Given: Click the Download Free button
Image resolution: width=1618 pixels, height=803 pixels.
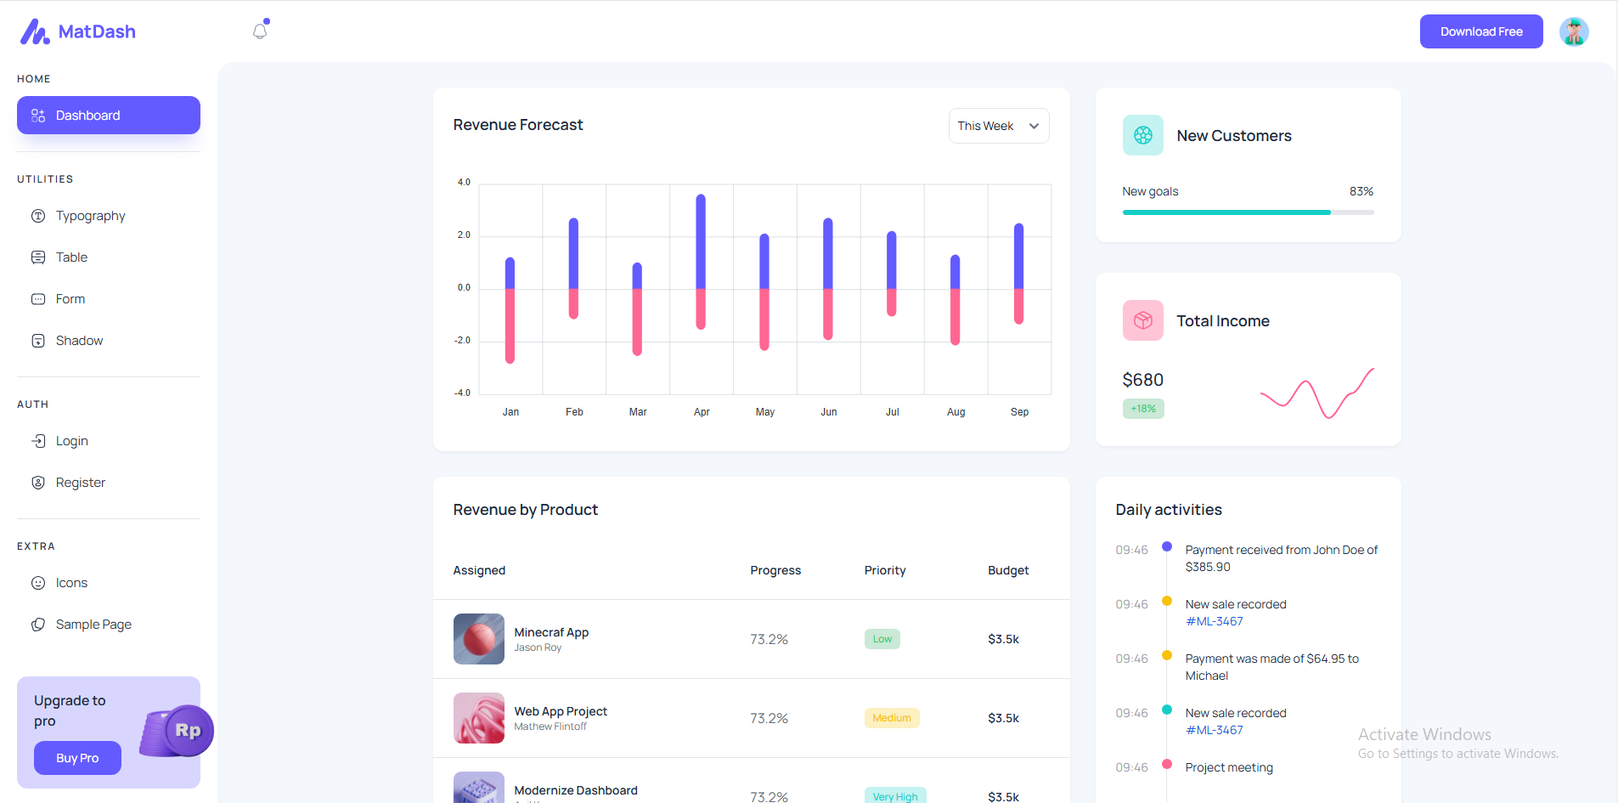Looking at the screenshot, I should click(1480, 31).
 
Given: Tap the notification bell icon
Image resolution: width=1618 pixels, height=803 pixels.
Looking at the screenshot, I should click(260, 31).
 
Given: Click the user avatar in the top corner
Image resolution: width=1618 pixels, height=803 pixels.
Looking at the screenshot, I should click(1573, 31).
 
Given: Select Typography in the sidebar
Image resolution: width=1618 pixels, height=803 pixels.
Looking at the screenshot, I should click(90, 216).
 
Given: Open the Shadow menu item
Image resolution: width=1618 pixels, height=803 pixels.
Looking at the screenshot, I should click(79, 341).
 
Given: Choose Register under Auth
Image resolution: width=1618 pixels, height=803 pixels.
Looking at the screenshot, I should click(80, 483).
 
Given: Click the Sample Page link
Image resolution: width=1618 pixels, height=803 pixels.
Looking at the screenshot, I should click(93, 625).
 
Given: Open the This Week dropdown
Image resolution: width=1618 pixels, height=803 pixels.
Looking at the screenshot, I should click(998, 126).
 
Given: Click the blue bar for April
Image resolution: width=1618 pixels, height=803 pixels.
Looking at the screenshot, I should click(701, 242).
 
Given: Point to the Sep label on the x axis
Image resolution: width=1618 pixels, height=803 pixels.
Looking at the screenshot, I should click(1019, 412).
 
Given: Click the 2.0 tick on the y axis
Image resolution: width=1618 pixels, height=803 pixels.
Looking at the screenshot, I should click(464, 235).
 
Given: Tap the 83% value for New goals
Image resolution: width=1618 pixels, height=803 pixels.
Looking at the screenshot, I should click(1361, 191).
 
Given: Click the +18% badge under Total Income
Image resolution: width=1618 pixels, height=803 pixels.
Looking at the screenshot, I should click(1143, 409).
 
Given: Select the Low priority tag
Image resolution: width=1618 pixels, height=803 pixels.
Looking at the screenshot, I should click(882, 639).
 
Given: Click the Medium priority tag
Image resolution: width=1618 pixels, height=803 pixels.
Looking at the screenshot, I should click(891, 718).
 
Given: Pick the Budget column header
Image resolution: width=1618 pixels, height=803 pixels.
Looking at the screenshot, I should click(1007, 570).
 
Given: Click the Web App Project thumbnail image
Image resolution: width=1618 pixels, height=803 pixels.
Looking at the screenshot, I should click(479, 718).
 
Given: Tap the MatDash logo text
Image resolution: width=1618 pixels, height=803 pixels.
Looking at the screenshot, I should click(97, 31).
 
